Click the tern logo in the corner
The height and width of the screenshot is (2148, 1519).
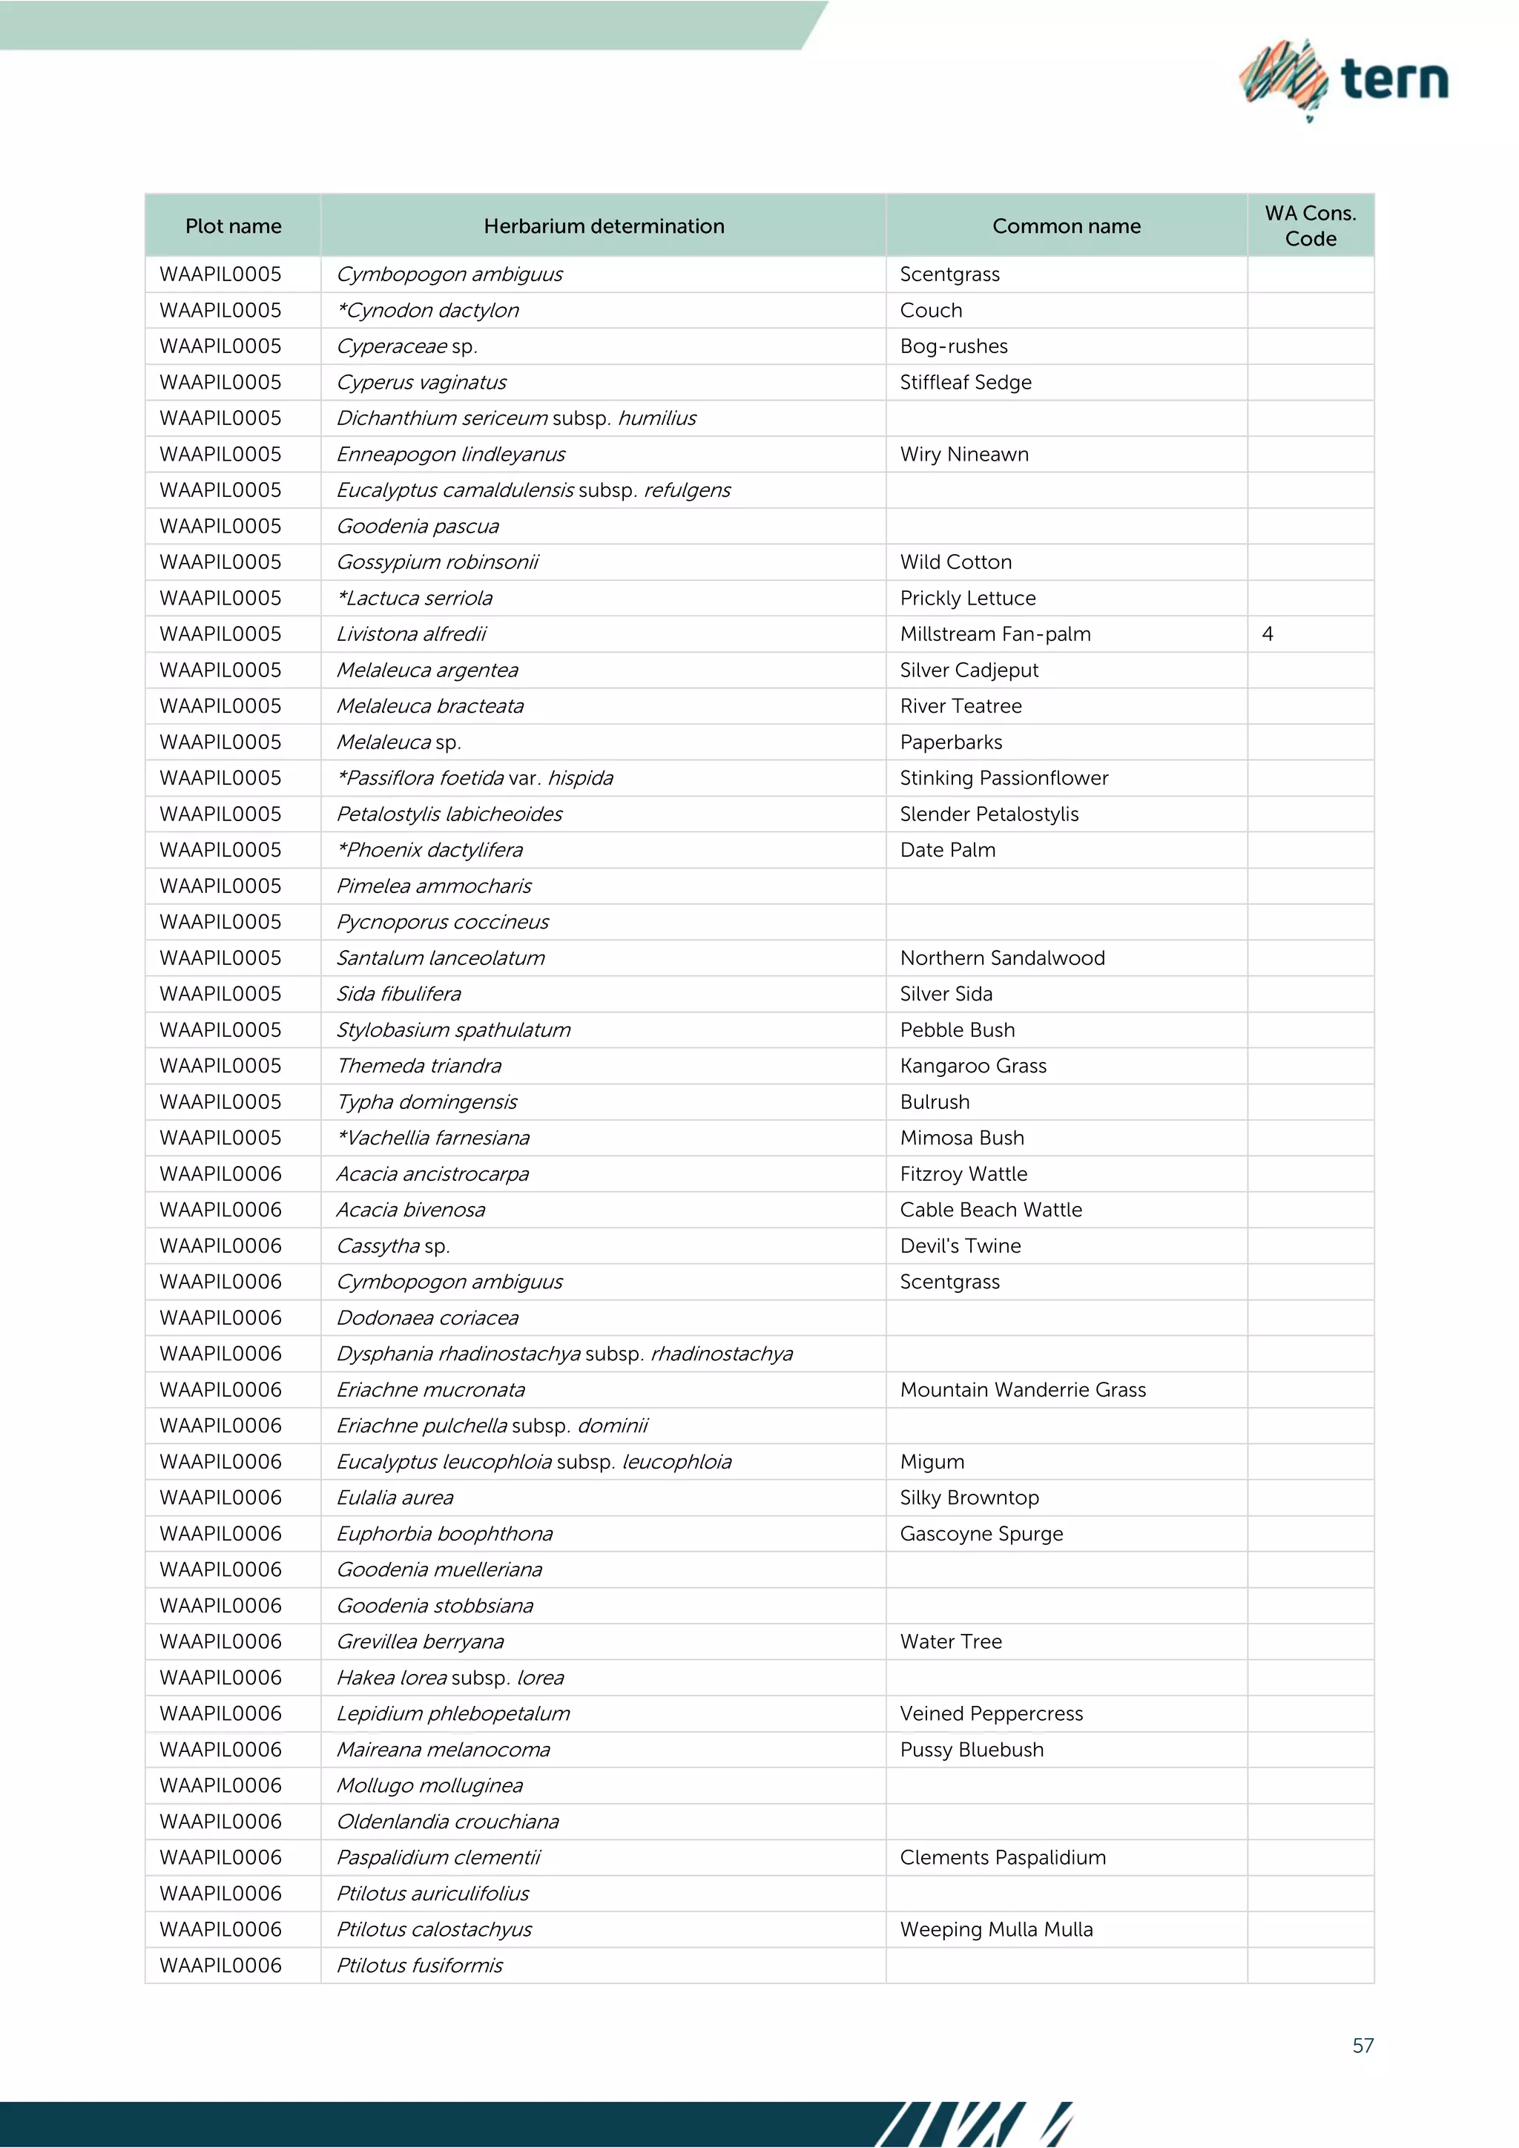1344,79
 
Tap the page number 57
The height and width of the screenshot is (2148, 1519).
1363,2045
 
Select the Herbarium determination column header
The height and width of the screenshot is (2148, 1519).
603,225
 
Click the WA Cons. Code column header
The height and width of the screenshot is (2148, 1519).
1310,225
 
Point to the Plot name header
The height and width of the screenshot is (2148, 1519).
233,225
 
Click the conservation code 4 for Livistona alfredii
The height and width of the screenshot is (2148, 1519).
1268,633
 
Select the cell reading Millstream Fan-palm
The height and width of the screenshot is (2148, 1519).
995,633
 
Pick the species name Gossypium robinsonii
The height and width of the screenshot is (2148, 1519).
438,561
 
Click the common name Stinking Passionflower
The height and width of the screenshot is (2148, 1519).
1004,777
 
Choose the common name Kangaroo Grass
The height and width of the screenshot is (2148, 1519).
973,1066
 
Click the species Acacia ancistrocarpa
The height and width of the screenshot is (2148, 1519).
433,1173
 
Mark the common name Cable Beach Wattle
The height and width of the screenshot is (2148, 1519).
990,1210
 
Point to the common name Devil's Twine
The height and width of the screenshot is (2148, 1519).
960,1245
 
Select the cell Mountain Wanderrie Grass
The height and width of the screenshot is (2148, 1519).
1022,1389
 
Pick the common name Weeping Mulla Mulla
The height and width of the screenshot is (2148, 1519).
996,1929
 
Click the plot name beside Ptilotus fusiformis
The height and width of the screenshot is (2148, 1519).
221,1965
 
